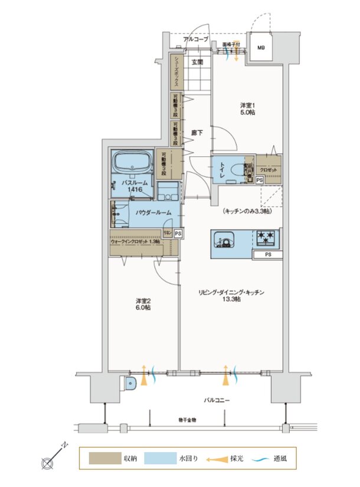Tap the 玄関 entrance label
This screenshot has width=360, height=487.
(x=197, y=61)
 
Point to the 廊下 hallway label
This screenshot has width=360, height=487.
(x=197, y=133)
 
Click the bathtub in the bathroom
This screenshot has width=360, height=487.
(x=133, y=162)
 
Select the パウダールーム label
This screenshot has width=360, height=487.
(x=153, y=212)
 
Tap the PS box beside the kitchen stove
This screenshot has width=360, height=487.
(x=267, y=255)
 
